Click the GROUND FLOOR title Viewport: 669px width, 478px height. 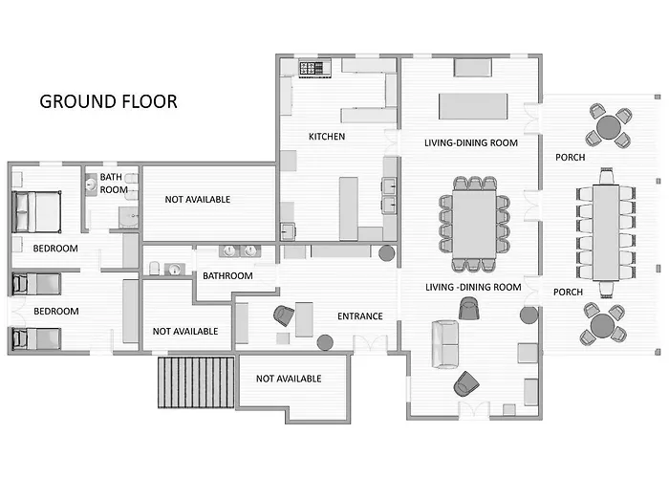click(x=108, y=101)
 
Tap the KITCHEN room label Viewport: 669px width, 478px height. click(x=327, y=137)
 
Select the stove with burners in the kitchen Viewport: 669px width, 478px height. click(x=315, y=68)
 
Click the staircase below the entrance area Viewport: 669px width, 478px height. click(x=196, y=382)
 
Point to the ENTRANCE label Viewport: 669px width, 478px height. click(x=360, y=316)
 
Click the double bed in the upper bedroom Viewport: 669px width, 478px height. click(x=36, y=211)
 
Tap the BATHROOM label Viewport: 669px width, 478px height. click(x=227, y=275)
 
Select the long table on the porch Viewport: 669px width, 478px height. click(x=606, y=232)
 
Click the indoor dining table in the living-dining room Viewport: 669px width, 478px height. click(x=474, y=225)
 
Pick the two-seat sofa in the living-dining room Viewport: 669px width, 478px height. click(x=445, y=344)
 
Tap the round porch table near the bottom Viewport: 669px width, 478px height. click(x=602, y=325)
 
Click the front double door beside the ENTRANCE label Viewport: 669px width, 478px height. click(x=371, y=344)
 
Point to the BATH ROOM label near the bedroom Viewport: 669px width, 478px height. click(x=114, y=184)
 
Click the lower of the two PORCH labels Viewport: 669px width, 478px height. click(x=568, y=292)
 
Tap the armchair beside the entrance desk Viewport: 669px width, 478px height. click(x=284, y=315)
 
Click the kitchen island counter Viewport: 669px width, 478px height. click(x=349, y=208)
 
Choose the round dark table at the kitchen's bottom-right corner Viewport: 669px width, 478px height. click(x=386, y=253)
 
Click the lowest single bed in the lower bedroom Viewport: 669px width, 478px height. click(x=36, y=338)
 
